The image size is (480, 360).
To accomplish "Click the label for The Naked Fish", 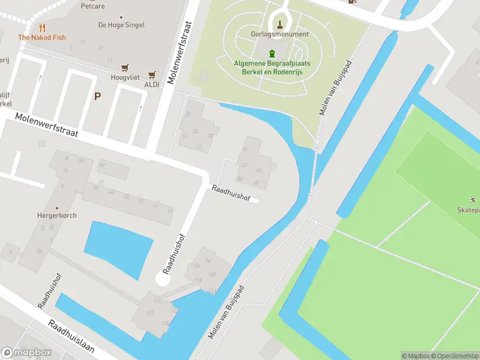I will click(42, 37).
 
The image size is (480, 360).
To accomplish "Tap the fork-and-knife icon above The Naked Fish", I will click(42, 27).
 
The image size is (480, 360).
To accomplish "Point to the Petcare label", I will click(94, 7).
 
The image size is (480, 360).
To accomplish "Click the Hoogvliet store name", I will click(125, 77).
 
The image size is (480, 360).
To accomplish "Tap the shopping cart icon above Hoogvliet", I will click(125, 68).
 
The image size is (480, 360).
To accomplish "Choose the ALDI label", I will click(151, 85).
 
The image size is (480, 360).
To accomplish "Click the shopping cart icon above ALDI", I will click(151, 75).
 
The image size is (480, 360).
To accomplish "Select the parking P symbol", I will click(97, 96).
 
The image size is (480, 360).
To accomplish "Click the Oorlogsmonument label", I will click(280, 34).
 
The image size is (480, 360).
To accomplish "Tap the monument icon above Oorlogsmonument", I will click(280, 25).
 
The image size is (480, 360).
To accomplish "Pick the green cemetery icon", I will click(272, 53).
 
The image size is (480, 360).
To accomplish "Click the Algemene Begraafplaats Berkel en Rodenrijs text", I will click(272, 67).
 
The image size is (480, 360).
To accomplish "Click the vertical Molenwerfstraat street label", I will click(181, 53).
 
